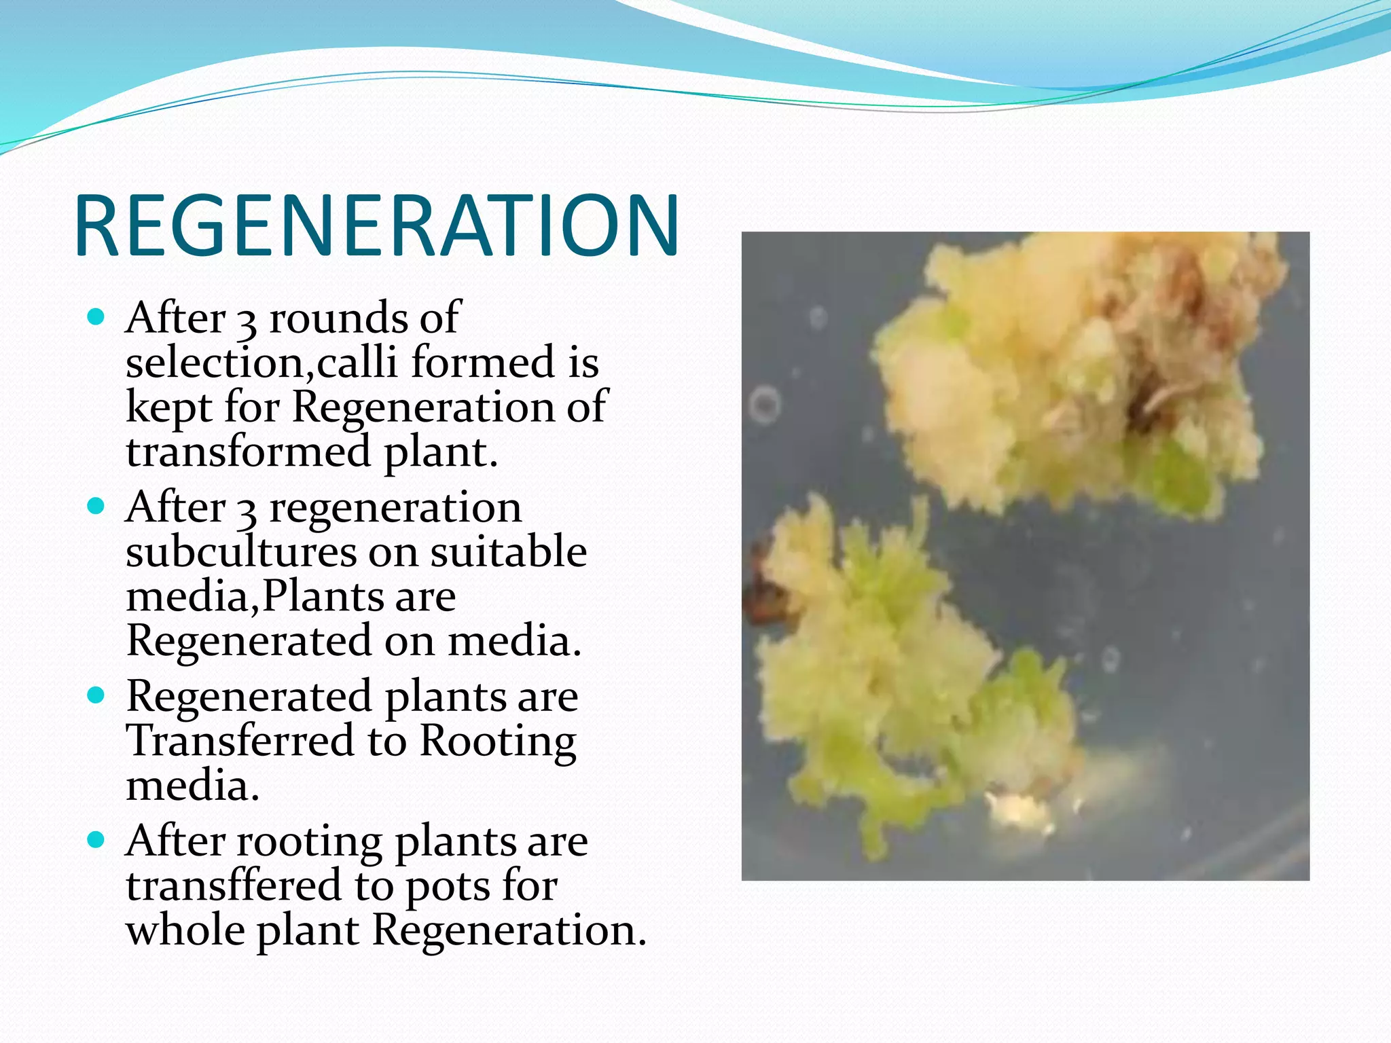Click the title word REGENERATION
377,225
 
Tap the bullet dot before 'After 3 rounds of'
96,316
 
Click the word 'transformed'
249,452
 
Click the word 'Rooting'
498,742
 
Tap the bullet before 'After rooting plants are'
96,840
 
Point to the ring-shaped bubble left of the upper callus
765,405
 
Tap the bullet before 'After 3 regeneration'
96,506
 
